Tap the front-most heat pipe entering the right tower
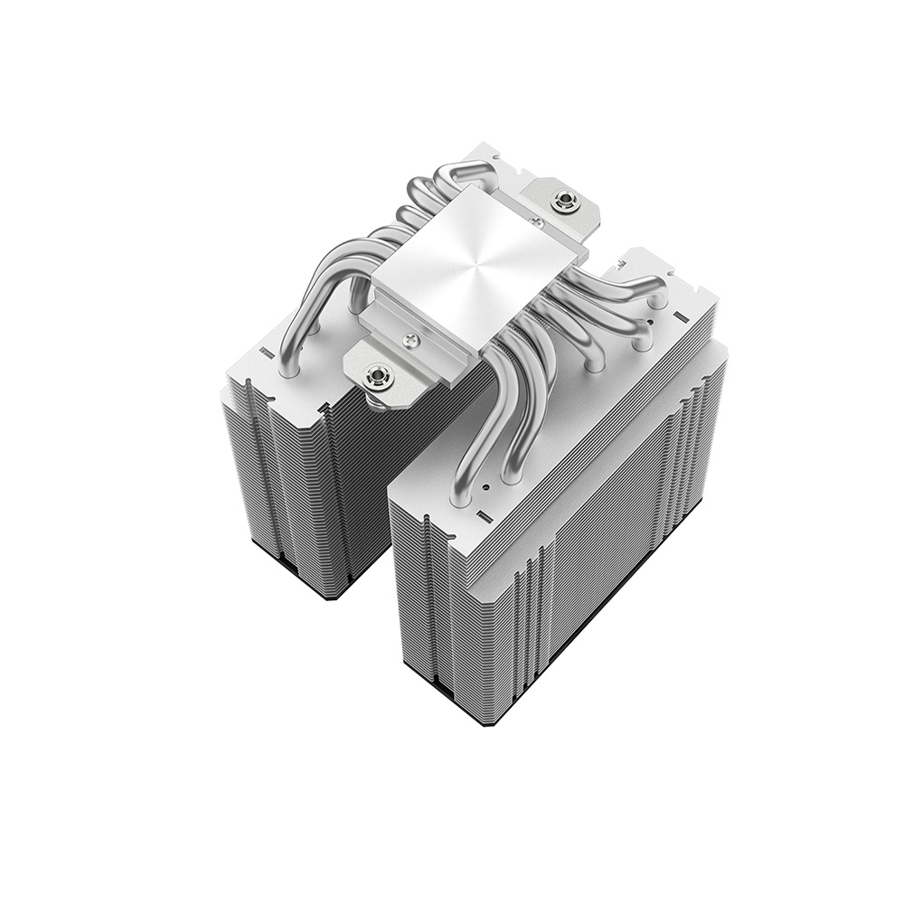470,452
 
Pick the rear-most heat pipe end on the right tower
651,294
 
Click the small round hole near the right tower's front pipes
485,488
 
